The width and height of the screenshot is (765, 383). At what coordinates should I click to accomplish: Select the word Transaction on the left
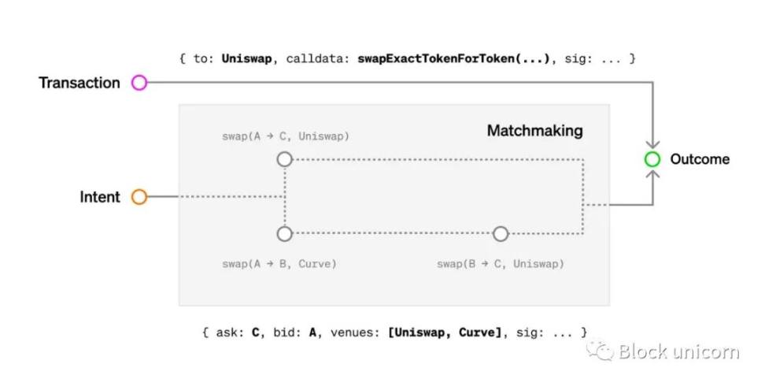(79, 83)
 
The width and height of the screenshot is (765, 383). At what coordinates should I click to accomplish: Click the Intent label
(100, 197)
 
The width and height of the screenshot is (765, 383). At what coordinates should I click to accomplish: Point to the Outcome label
(700, 159)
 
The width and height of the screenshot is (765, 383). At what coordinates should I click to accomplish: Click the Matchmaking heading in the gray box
(534, 131)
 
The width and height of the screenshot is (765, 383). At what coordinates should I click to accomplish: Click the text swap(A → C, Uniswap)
(286, 136)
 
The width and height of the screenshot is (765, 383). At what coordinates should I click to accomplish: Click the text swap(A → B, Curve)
(279, 264)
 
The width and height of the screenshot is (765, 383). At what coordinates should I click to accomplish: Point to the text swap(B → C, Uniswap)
(500, 264)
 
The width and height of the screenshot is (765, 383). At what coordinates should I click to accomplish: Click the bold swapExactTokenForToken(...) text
(453, 59)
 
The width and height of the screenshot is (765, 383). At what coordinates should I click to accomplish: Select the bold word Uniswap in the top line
(246, 59)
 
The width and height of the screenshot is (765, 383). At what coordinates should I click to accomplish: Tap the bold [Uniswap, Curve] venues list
(445, 333)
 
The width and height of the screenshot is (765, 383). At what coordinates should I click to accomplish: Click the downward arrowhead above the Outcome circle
(652, 144)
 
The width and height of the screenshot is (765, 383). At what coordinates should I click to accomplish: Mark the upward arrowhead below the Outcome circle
(652, 174)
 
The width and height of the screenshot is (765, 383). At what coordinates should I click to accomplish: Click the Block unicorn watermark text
(678, 351)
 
